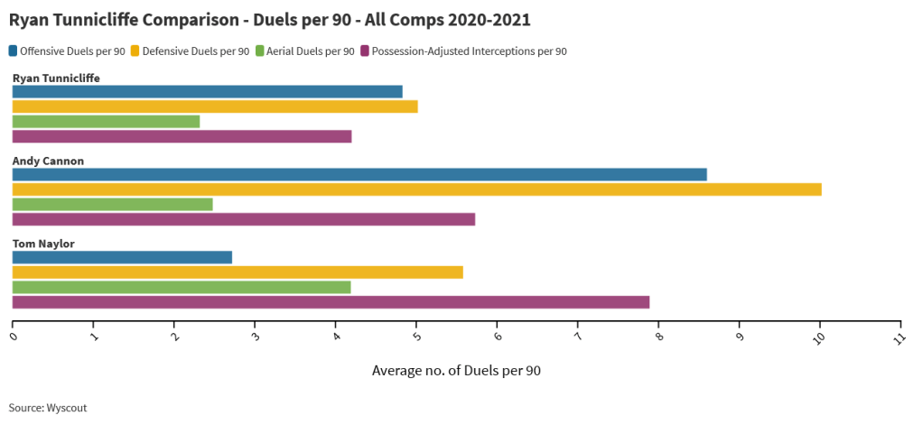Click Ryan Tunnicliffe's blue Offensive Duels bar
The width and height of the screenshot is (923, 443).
pyautogui.click(x=207, y=91)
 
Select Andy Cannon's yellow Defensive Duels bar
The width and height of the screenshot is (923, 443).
pyautogui.click(x=416, y=189)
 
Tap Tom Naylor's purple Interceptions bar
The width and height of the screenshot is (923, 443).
pyautogui.click(x=331, y=302)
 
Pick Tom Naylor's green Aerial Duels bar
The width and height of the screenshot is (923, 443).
pyautogui.click(x=181, y=287)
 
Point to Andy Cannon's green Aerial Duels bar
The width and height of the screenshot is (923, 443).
pyautogui.click(x=112, y=204)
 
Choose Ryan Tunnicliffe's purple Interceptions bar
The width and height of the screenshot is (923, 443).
pyautogui.click(x=182, y=136)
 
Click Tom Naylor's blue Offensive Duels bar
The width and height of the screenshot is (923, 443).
pyautogui.click(x=122, y=257)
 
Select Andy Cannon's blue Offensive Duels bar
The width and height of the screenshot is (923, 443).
pyautogui.click(x=359, y=174)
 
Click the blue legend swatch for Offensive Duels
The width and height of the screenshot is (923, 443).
pyautogui.click(x=14, y=51)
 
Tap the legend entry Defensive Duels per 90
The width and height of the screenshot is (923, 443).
pyautogui.click(x=196, y=51)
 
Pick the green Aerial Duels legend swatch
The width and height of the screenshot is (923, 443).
pyautogui.click(x=260, y=51)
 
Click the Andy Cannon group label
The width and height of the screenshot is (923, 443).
pyautogui.click(x=48, y=161)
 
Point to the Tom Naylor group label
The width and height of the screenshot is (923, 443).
pyautogui.click(x=43, y=244)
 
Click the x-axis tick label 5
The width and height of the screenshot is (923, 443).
pyautogui.click(x=415, y=337)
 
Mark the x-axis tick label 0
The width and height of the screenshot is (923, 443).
pyautogui.click(x=13, y=337)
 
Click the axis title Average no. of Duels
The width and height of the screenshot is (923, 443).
pyautogui.click(x=456, y=370)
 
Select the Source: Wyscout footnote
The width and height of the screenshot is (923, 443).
pyautogui.click(x=48, y=408)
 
